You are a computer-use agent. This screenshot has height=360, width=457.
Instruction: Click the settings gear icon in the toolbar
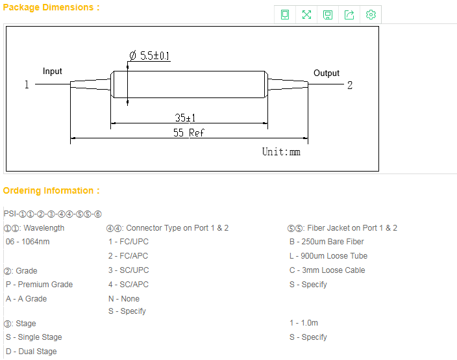click(371, 14)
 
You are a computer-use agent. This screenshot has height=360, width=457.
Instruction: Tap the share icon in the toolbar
click(349, 14)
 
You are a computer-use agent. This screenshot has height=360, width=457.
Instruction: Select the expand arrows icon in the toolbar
click(306, 14)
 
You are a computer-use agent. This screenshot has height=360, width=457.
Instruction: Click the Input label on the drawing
click(53, 71)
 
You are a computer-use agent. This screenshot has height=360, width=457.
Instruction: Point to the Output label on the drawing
click(327, 73)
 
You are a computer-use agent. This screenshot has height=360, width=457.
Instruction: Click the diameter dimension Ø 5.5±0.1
click(149, 55)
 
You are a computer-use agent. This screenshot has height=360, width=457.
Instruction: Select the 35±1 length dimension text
click(185, 118)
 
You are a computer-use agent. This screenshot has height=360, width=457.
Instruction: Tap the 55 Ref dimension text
click(188, 133)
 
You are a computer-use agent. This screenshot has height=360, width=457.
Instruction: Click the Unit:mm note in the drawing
click(281, 151)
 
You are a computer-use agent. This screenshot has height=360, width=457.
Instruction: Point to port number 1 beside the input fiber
click(27, 84)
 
